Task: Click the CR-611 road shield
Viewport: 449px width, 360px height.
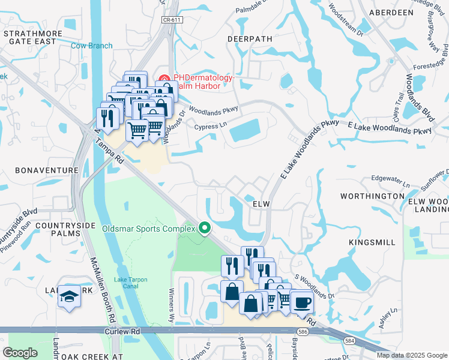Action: pyautogui.click(x=172, y=20)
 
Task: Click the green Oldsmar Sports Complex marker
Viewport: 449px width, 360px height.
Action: pyautogui.click(x=204, y=228)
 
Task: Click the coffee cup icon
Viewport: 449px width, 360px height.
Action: pyautogui.click(x=302, y=302)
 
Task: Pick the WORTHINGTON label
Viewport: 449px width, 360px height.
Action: pyautogui.click(x=372, y=196)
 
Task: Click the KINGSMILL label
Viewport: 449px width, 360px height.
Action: pyautogui.click(x=372, y=242)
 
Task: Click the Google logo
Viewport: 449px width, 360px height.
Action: pyautogui.click(x=20, y=353)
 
